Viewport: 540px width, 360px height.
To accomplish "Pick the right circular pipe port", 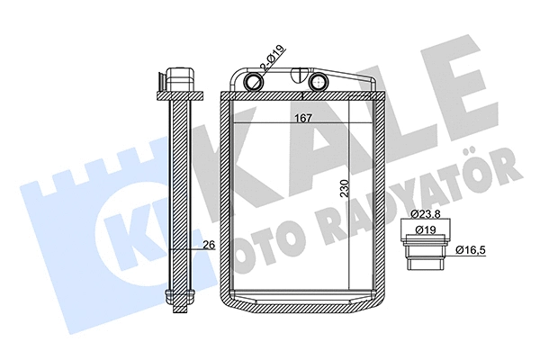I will pos(319,83).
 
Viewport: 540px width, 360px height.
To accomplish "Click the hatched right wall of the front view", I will pos(381,198).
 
